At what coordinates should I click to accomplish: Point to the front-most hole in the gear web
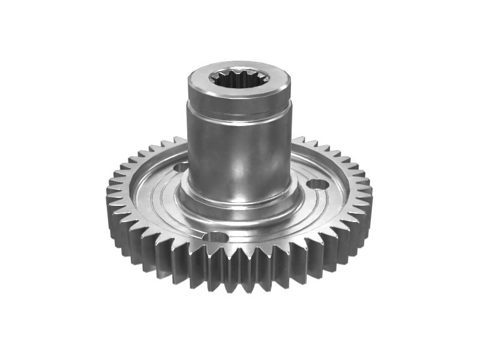click(215, 237)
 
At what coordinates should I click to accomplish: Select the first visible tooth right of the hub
click(298, 140)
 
